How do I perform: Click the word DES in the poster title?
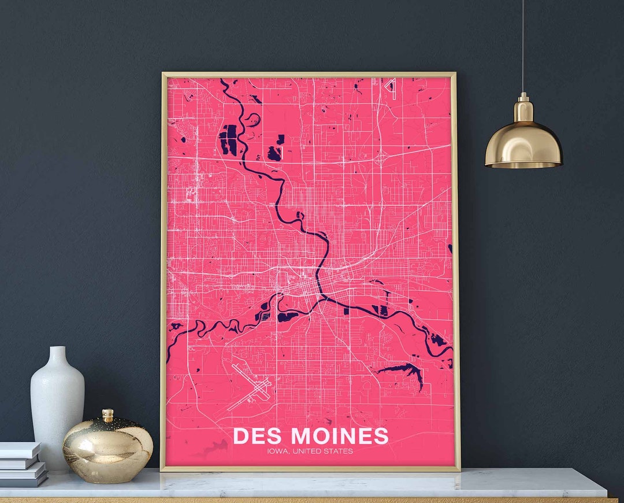[258, 436]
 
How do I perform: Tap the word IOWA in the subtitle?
[279, 452]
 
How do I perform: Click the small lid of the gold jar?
[107, 415]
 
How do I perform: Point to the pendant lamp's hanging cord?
[523, 46]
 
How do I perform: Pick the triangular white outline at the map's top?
[391, 85]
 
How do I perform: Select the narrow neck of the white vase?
[57, 354]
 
